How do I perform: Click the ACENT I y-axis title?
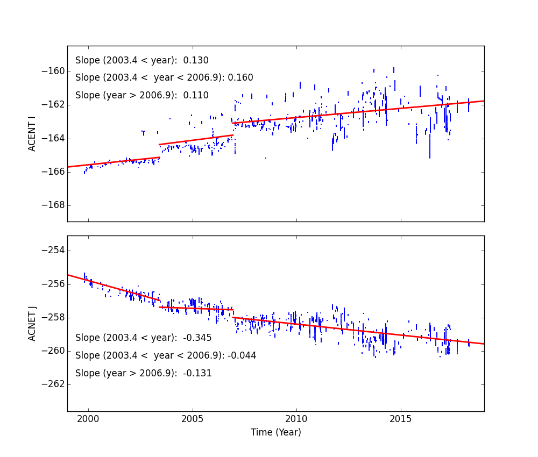(x=32, y=134)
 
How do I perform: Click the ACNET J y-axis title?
(x=32, y=323)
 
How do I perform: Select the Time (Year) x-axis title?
(x=275, y=432)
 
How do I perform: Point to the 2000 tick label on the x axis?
(x=88, y=419)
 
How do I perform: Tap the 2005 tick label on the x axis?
(x=192, y=419)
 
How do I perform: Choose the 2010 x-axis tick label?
(x=296, y=419)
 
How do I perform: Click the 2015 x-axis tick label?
(x=401, y=419)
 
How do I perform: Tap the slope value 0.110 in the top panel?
(x=199, y=95)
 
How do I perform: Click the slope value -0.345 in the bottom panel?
(x=197, y=338)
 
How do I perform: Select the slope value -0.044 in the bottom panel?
(x=242, y=355)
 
